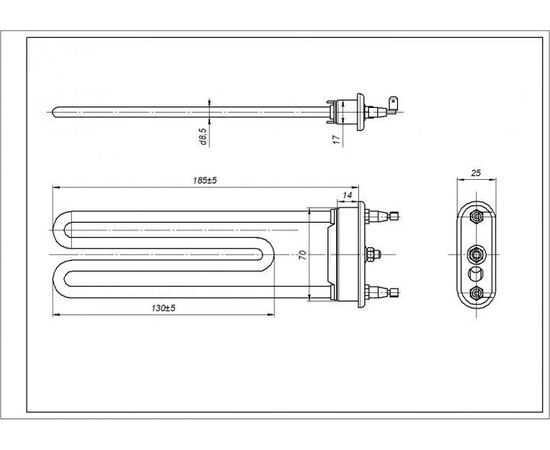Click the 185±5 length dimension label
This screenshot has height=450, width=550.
tap(206, 180)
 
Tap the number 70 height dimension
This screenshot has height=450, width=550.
tap(301, 254)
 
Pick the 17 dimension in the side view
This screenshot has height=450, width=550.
tap(337, 129)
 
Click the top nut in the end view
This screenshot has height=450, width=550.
tap(476, 213)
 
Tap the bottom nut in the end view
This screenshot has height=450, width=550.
tap(476, 291)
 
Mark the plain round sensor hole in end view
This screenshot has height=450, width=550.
tap(476, 271)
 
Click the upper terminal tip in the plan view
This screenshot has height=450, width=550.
tap(399, 214)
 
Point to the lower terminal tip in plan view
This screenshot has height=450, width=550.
tap(399, 292)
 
